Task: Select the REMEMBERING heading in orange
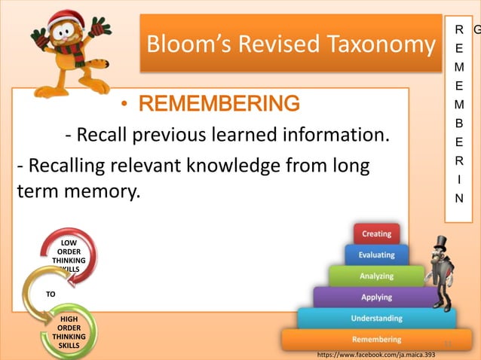pyautogui.click(x=219, y=102)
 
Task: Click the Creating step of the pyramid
pyautogui.click(x=376, y=233)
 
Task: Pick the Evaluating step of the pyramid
pyautogui.click(x=376, y=255)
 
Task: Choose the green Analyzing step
pyautogui.click(x=376, y=276)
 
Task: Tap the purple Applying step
pyautogui.click(x=376, y=297)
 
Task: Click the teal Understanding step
pyautogui.click(x=376, y=319)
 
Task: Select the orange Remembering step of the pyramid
pyautogui.click(x=376, y=340)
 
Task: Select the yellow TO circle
pyautogui.click(x=50, y=294)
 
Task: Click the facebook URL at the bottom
pyautogui.click(x=376, y=354)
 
